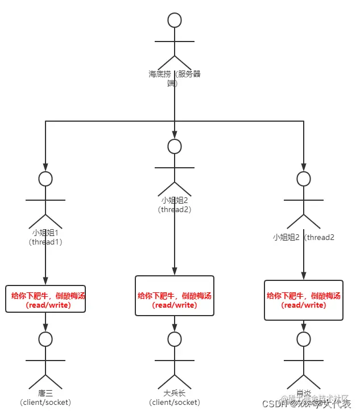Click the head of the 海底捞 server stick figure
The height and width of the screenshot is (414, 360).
tap(175, 20)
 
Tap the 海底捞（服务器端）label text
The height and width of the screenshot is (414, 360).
tap(175, 78)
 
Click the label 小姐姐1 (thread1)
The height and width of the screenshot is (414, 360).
tap(45, 237)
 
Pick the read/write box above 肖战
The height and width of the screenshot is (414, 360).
tap(304, 300)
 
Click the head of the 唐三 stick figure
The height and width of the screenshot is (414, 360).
tap(45, 340)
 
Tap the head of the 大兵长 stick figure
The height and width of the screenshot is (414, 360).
tap(175, 340)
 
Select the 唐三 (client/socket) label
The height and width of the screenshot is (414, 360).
tap(45, 398)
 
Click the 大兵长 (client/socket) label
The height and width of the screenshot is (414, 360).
tap(175, 398)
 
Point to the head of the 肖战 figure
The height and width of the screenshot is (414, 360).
tap(304, 340)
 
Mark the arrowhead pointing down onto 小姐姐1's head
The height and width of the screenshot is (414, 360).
tap(45, 167)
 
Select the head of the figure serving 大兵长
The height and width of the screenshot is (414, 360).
tap(175, 146)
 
